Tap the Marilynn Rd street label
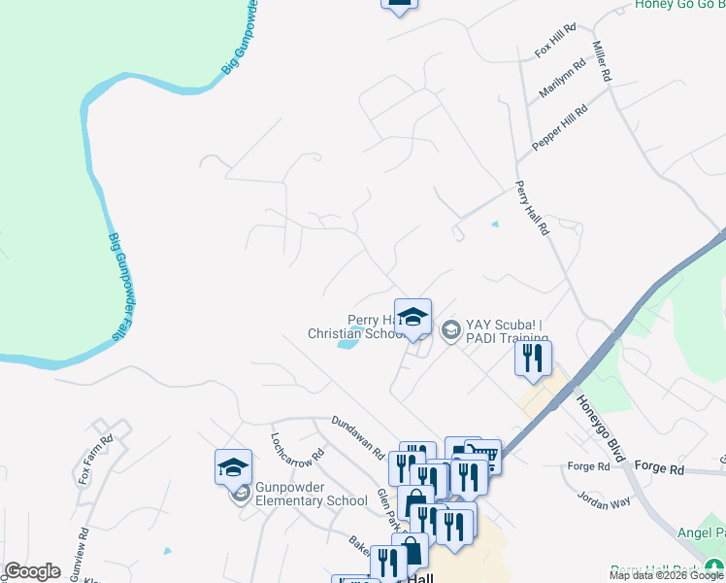point(563,79)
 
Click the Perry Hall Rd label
point(532,208)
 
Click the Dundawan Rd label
point(357,437)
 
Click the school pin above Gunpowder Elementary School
point(233,467)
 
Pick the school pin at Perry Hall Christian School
point(412,317)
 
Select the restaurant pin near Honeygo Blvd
point(533,358)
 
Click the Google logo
point(33,571)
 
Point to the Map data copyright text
point(666,575)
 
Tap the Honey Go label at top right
point(679,5)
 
